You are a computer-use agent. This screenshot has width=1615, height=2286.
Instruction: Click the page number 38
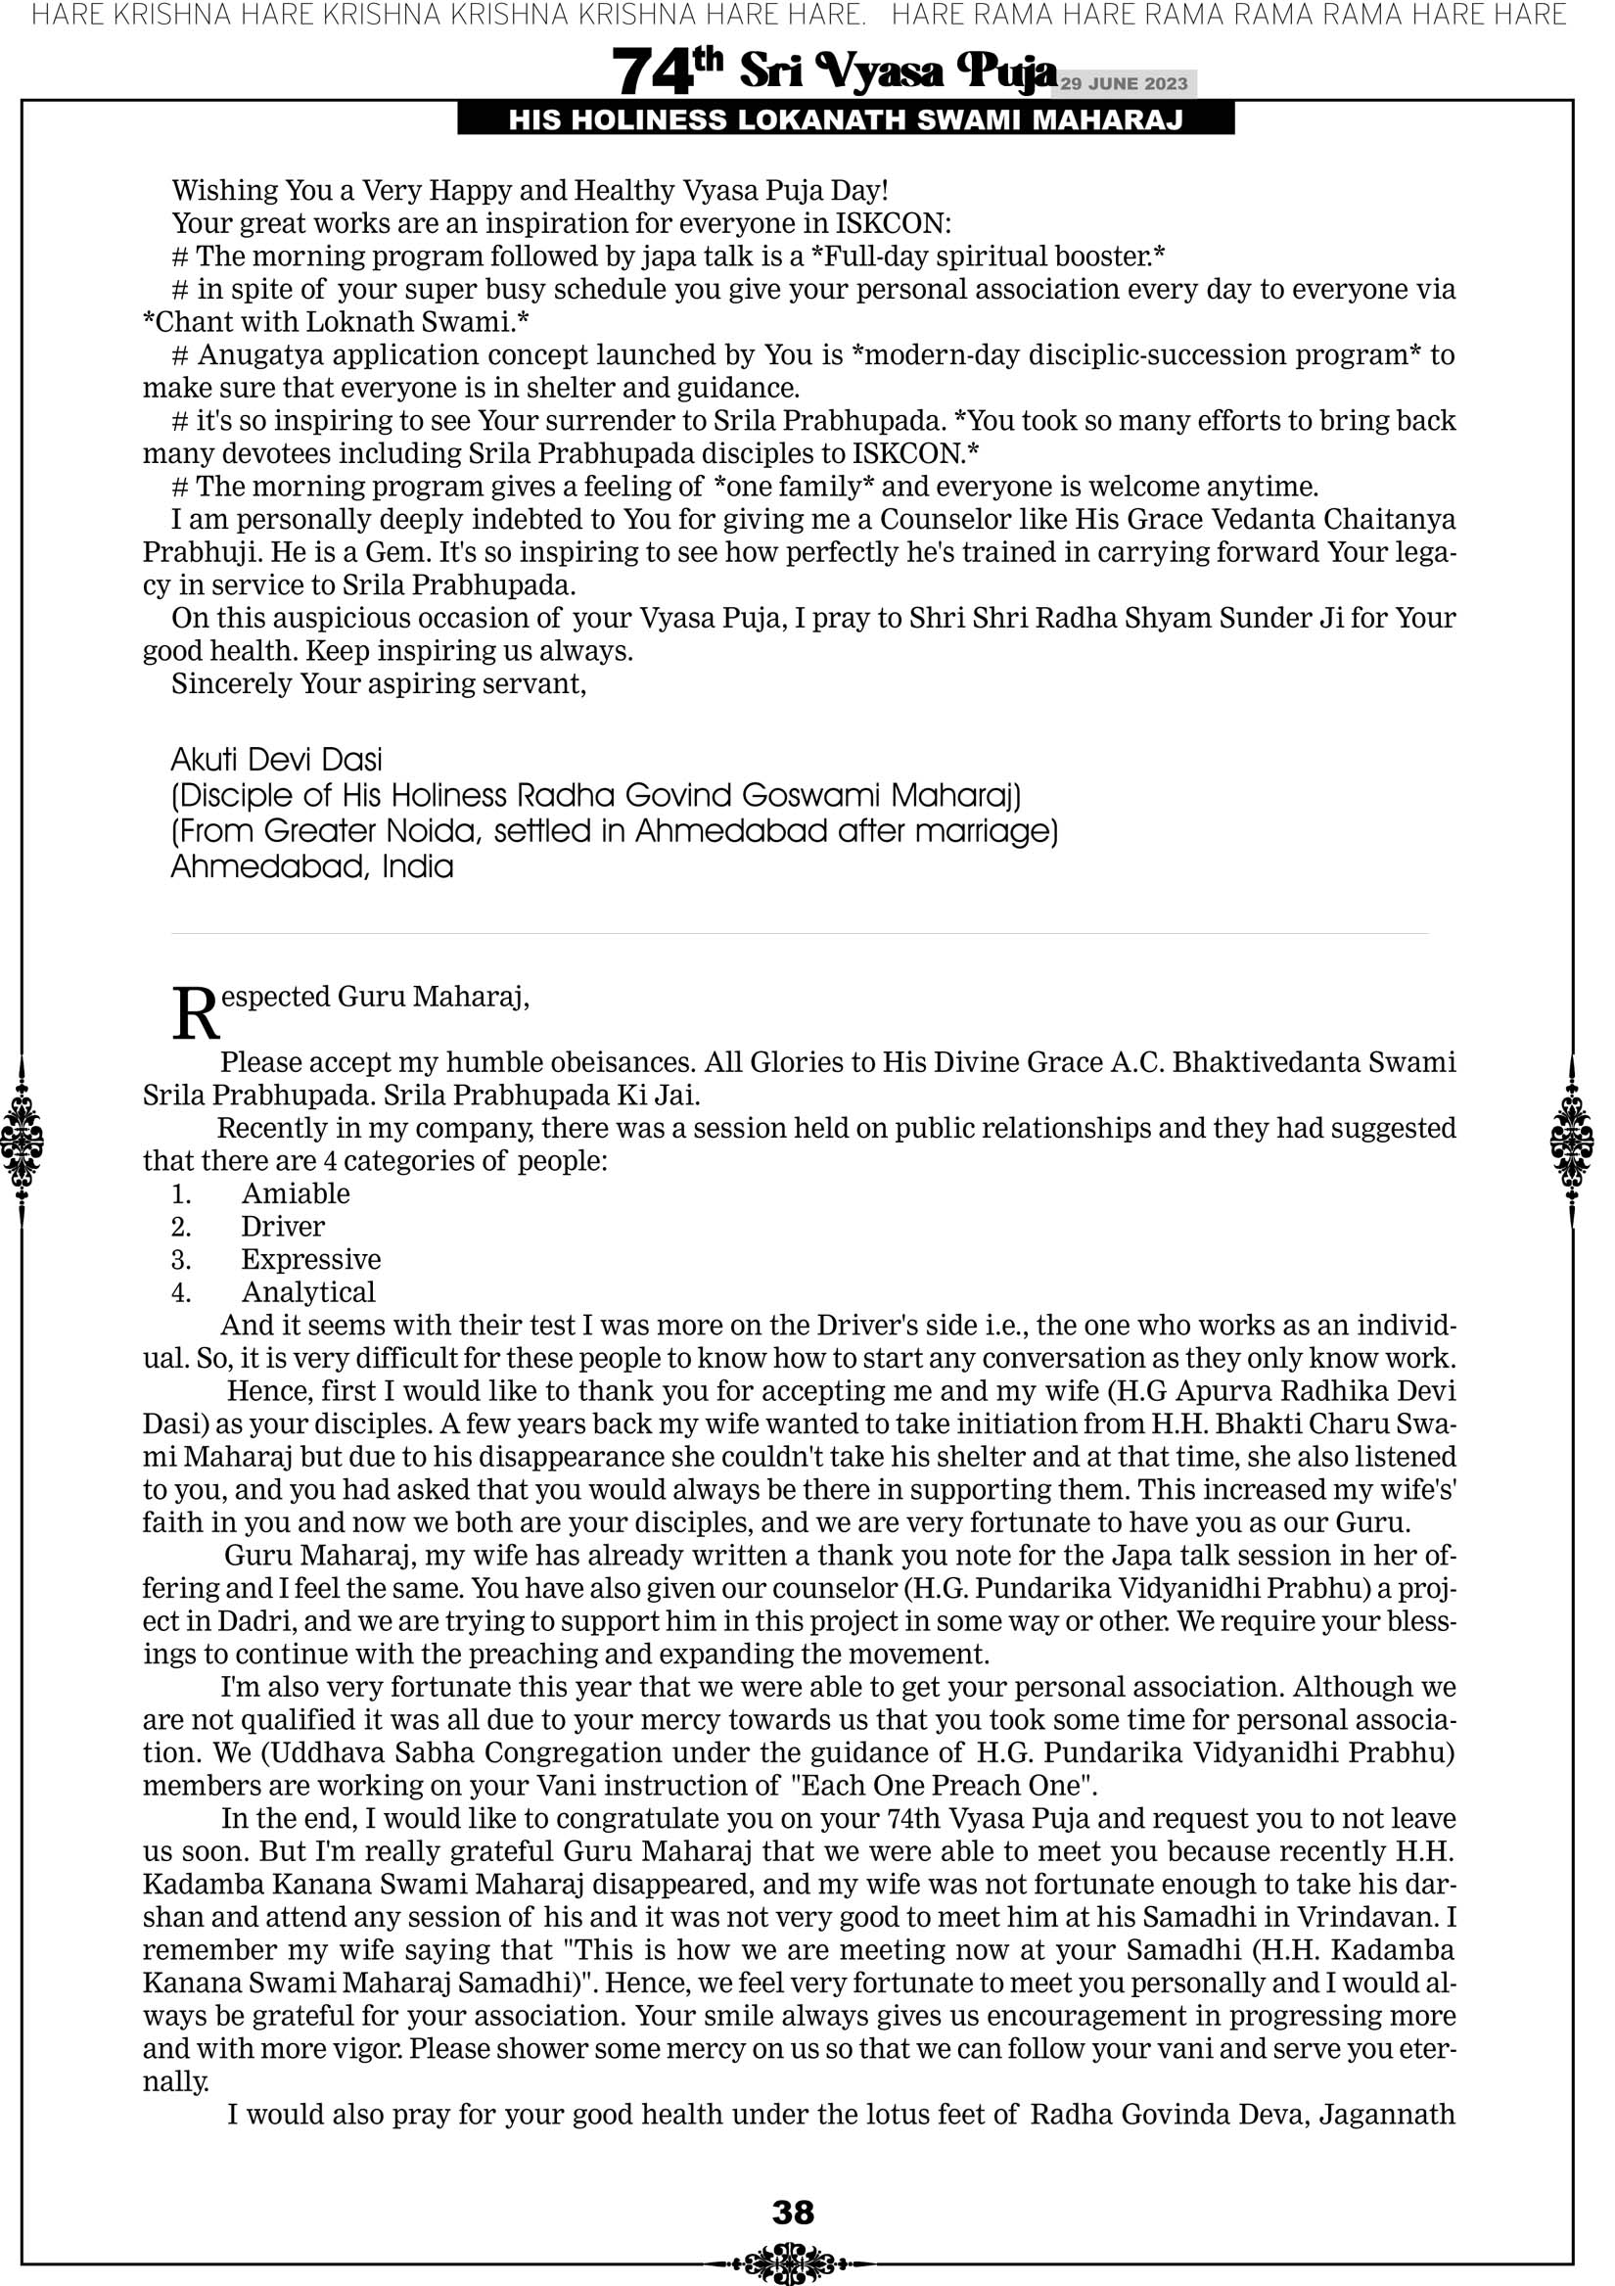tap(793, 2212)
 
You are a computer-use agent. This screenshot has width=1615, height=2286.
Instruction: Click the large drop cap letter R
tap(195, 1014)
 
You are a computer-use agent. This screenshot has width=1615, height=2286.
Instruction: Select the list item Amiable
tap(296, 1193)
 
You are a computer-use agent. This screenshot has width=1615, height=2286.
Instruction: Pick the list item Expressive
tap(310, 1259)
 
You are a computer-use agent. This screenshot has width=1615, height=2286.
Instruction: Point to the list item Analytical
tap(307, 1292)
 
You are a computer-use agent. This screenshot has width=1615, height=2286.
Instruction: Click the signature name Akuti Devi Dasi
tap(277, 760)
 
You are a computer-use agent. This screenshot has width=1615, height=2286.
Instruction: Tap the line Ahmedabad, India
tap(311, 866)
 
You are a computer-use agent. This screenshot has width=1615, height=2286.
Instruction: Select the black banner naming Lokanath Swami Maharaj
tap(846, 120)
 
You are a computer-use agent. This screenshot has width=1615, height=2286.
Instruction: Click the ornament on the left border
tap(22, 1141)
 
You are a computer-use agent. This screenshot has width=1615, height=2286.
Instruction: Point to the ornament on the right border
tap(1572, 1141)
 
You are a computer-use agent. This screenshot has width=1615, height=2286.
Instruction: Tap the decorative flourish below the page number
tap(793, 2263)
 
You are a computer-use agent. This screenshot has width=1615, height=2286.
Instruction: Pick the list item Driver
tap(283, 1227)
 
